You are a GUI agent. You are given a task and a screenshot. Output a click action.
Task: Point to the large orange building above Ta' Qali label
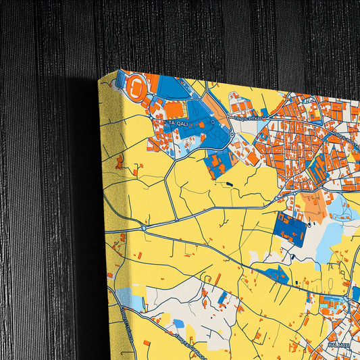tap(174, 109)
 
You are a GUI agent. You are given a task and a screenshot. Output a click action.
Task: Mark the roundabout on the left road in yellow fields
tap(144, 229)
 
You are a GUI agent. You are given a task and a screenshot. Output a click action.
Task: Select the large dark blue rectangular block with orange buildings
tap(290, 230)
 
